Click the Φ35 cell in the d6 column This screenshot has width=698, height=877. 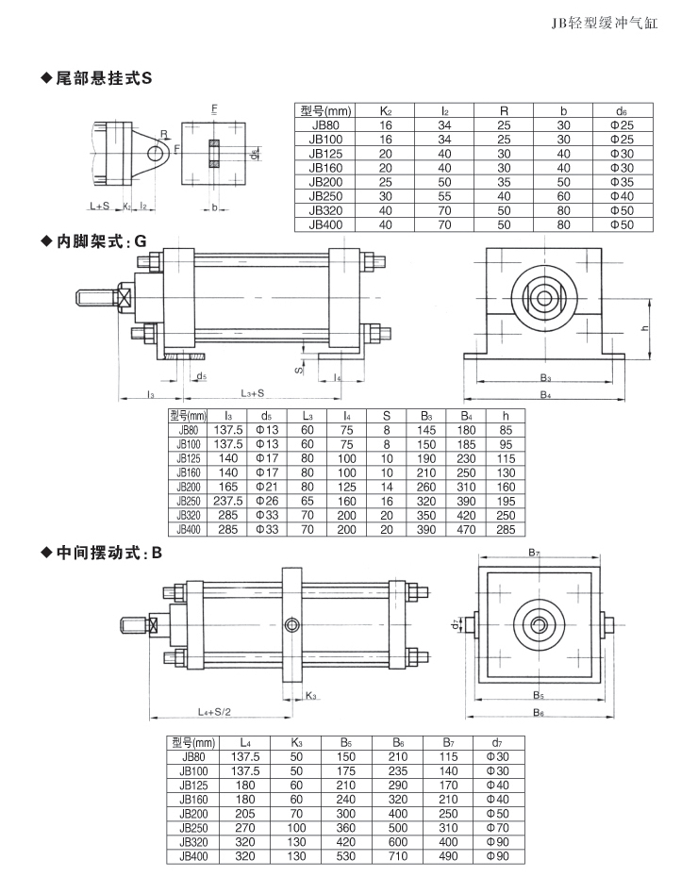tap(621, 182)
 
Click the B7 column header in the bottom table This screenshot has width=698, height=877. tap(448, 742)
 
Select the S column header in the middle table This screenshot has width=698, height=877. tap(386, 415)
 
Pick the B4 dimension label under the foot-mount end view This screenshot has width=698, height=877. tap(546, 394)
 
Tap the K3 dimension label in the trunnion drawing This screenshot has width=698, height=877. tap(311, 696)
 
